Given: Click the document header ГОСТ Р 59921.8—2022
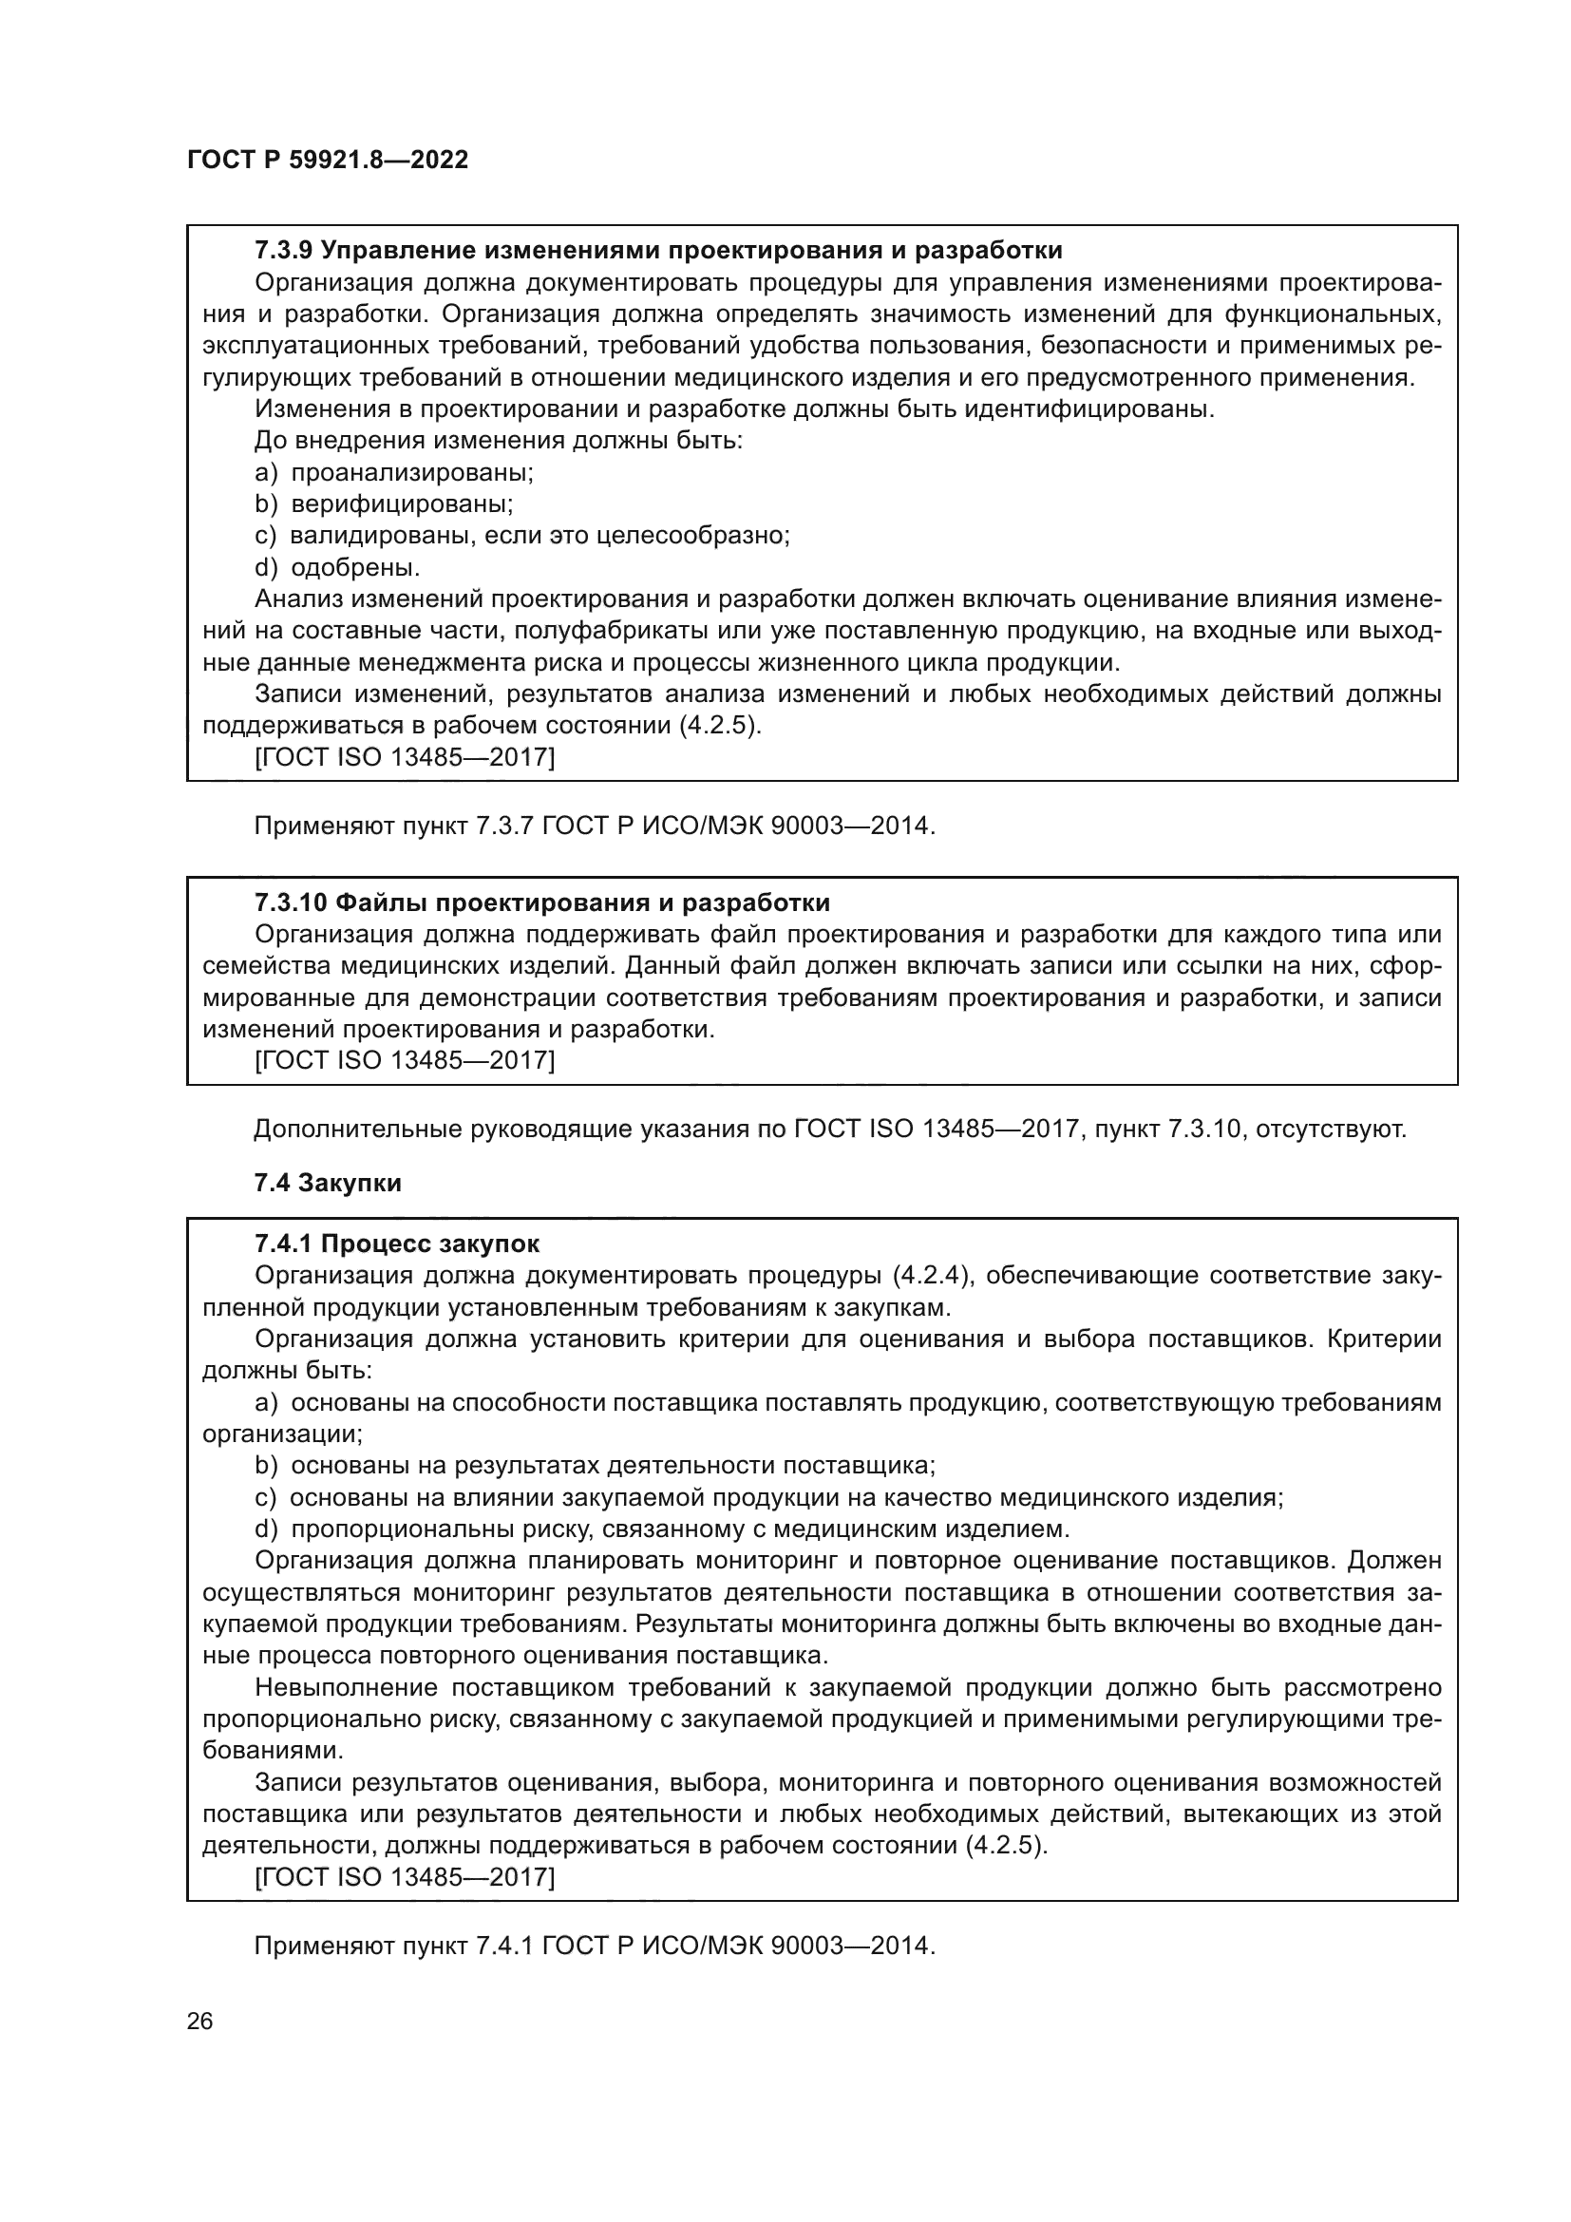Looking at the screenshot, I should pyautogui.click(x=327, y=160).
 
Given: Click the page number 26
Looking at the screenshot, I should pyautogui.click(x=199, y=2021).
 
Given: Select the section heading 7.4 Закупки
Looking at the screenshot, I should pyautogui.click(x=327, y=1183).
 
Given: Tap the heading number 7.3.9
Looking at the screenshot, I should pyautogui.click(x=282, y=251).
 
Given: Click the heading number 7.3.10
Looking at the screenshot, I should pyautogui.click(x=291, y=902).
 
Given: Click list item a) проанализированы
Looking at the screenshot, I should pyautogui.click(x=394, y=472).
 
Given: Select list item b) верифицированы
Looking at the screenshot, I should pyautogui.click(x=383, y=503).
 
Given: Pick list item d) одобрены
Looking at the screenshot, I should pyautogui.click(x=336, y=567).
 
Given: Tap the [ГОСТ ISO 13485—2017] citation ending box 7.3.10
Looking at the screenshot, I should pyautogui.click(x=405, y=1061).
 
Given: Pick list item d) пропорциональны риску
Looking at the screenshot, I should pyautogui.click(x=662, y=1529).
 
